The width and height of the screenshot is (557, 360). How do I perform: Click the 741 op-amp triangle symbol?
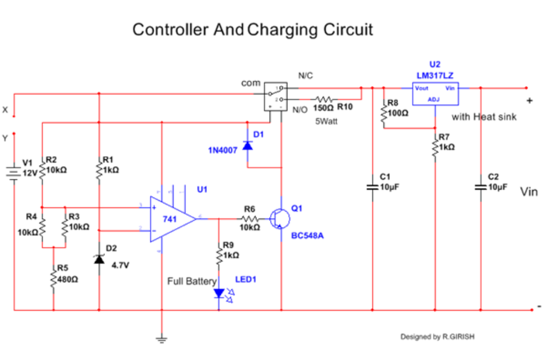point(170,219)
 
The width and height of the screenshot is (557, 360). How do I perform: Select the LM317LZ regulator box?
point(435,94)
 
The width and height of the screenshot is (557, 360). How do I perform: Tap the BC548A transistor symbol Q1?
point(278,219)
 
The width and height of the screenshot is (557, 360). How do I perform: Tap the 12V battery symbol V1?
point(14,171)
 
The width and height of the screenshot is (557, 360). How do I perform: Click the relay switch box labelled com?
point(275,96)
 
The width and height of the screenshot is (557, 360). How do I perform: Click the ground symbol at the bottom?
point(162,340)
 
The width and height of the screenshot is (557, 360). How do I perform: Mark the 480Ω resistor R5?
point(53,279)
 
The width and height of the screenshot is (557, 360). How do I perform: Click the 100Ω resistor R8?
point(384,112)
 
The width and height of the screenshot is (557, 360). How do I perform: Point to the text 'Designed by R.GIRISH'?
point(437,337)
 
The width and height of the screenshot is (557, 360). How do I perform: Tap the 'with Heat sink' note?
point(484,117)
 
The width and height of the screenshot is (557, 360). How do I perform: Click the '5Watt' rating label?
point(326,121)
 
